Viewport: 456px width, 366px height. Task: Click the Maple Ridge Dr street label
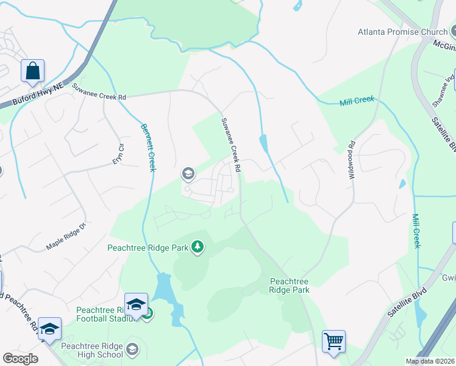coord(67,238)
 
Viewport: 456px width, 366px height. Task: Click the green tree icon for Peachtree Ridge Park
coord(197,247)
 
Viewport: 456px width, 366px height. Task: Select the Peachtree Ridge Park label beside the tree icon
coord(148,248)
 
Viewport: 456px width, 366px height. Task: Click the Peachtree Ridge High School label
coord(100,350)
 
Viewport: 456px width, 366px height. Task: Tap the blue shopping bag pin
coord(32,71)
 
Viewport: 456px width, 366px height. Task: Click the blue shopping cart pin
coord(333,342)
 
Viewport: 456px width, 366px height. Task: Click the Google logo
coord(20,359)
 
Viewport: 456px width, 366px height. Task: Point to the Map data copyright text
coord(430,361)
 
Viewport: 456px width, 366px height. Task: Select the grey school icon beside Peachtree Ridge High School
coord(133,350)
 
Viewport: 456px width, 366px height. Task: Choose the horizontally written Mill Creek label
coord(356,101)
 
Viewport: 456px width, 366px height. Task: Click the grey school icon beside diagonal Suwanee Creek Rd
coord(188,175)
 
